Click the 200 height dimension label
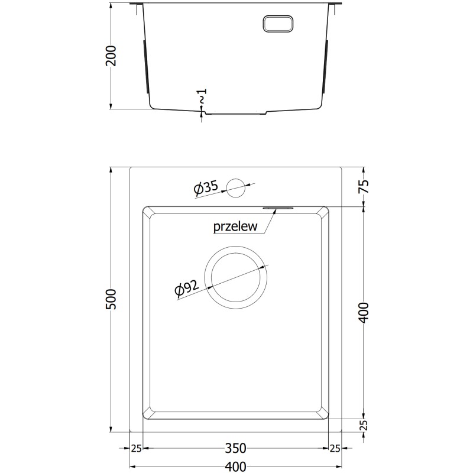tap(111, 56)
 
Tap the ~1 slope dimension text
tap(202, 96)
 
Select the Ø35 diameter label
tap(206, 188)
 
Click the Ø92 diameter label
tap(187, 287)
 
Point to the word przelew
tap(235, 226)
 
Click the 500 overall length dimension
tap(111, 299)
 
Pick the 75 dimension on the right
tap(365, 186)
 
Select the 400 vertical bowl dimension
tap(365, 313)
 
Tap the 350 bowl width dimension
tap(236, 448)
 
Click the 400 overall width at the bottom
tap(236, 466)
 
